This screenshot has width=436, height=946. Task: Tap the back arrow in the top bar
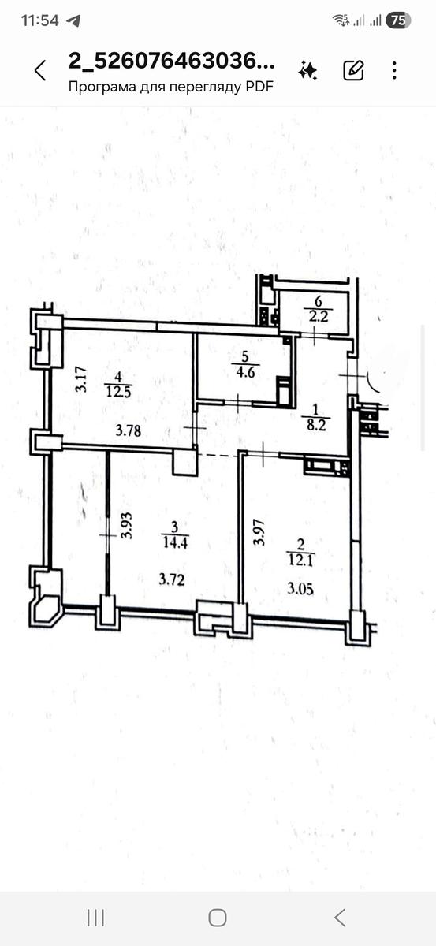[40, 70]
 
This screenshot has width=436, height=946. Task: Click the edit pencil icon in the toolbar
[353, 70]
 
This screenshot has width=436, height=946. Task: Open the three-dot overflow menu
[394, 70]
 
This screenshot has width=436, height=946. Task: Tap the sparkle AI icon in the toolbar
[308, 70]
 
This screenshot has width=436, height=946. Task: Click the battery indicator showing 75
[397, 20]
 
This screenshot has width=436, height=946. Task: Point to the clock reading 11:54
[40, 20]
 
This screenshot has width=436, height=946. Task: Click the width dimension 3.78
[129, 430]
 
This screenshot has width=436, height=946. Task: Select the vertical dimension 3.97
[255, 531]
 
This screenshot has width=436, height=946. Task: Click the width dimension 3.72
[171, 579]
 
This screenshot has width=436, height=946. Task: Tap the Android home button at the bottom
[218, 917]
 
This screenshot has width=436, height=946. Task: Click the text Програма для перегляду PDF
[170, 88]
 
